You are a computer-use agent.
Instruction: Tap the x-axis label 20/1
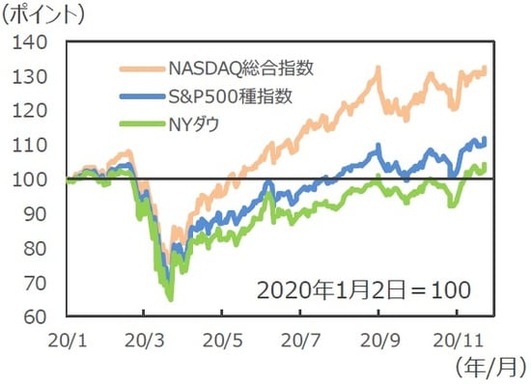pos(66,341)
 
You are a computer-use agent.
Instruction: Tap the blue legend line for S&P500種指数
pos(141,96)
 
